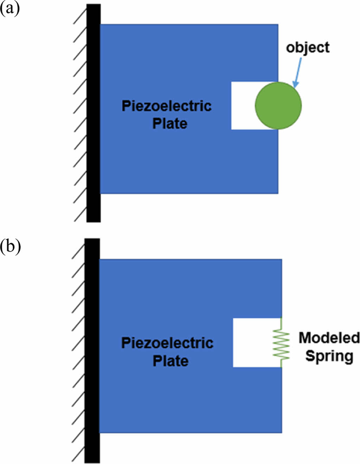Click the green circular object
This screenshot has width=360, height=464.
278,105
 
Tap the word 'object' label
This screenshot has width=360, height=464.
308,48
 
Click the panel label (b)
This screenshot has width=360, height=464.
10,246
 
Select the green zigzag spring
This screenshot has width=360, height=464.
282,343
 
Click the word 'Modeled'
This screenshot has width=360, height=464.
329,338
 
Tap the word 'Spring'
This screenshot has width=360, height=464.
329,356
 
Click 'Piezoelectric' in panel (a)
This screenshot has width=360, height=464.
166,106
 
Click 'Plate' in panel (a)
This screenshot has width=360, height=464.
169,124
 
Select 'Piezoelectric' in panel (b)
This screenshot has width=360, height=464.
167,343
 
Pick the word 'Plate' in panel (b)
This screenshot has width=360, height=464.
170,361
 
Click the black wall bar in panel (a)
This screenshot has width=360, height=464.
94,112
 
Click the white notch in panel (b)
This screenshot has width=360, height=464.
253,343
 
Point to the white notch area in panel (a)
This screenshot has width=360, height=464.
243,105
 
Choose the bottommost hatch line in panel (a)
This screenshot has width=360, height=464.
80,214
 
